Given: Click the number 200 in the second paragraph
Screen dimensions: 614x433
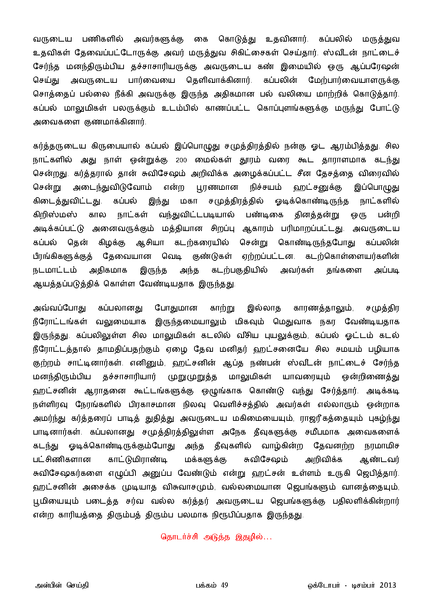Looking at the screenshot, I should (x=181, y=160).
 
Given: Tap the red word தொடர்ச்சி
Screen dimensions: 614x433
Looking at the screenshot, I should (x=179, y=537).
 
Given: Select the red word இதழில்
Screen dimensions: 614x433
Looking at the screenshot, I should (x=249, y=537).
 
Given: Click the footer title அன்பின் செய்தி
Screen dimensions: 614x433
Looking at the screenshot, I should (x=62, y=585).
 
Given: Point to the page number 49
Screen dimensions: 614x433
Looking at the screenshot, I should (x=224, y=585).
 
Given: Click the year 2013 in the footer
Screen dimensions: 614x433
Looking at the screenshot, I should (x=388, y=585).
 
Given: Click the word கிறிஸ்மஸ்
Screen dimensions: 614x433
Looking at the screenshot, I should (x=55, y=215).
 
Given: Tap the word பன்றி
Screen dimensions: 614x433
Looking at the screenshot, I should (x=388, y=215).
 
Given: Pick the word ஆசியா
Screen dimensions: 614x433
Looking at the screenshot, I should (x=150, y=243).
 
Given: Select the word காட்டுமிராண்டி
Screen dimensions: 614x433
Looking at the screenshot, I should (x=138, y=460).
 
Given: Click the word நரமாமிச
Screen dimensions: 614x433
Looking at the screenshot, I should (x=381, y=446).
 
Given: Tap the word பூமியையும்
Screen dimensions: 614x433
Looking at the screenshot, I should (x=56, y=501).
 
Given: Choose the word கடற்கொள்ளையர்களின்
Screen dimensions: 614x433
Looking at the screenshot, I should (x=352, y=257).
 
